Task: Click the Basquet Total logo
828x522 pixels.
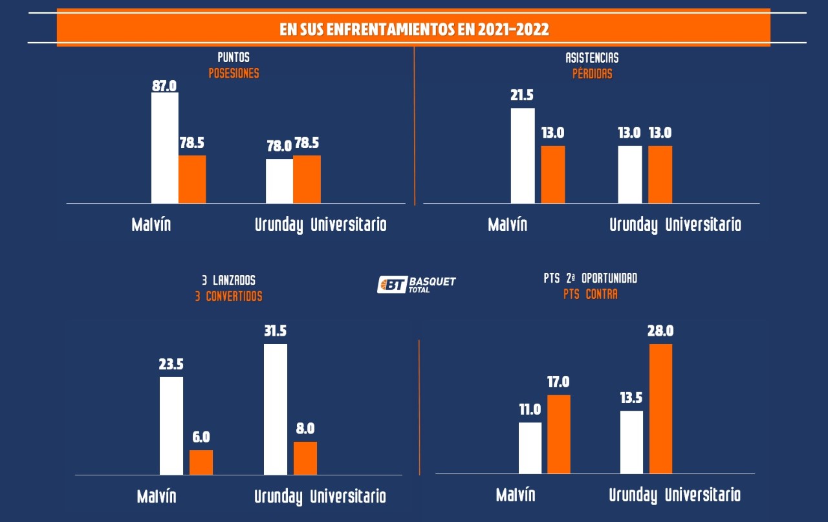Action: pyautogui.click(x=417, y=285)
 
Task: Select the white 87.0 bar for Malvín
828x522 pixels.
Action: pyautogui.click(x=164, y=148)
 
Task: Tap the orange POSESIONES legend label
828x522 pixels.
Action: pyautogui.click(x=234, y=73)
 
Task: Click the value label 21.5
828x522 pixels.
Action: pyautogui.click(x=522, y=96)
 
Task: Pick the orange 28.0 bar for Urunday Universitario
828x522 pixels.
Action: pyautogui.click(x=660, y=409)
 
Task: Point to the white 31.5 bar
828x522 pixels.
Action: pyautogui.click(x=276, y=409)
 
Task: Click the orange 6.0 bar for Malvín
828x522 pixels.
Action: pyautogui.click(x=201, y=462)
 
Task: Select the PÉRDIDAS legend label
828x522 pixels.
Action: pyautogui.click(x=592, y=74)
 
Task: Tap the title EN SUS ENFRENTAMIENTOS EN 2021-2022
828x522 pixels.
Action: pyautogui.click(x=414, y=29)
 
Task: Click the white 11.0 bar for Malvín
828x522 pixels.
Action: pyautogui.click(x=530, y=448)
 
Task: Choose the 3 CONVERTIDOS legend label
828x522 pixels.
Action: pyautogui.click(x=228, y=296)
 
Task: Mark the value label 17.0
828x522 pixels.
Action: pyautogui.click(x=558, y=382)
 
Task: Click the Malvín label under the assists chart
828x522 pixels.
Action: pyautogui.click(x=507, y=224)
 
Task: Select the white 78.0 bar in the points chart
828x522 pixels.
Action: pyautogui.click(x=279, y=181)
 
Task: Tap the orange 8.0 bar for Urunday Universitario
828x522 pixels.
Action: pyautogui.click(x=305, y=459)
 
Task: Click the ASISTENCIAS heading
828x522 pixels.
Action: pyautogui.click(x=592, y=58)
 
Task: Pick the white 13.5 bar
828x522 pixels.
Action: pyautogui.click(x=631, y=442)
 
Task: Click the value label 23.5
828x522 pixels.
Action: pyautogui.click(x=171, y=364)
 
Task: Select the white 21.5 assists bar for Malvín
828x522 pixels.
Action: pyautogui.click(x=523, y=156)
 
